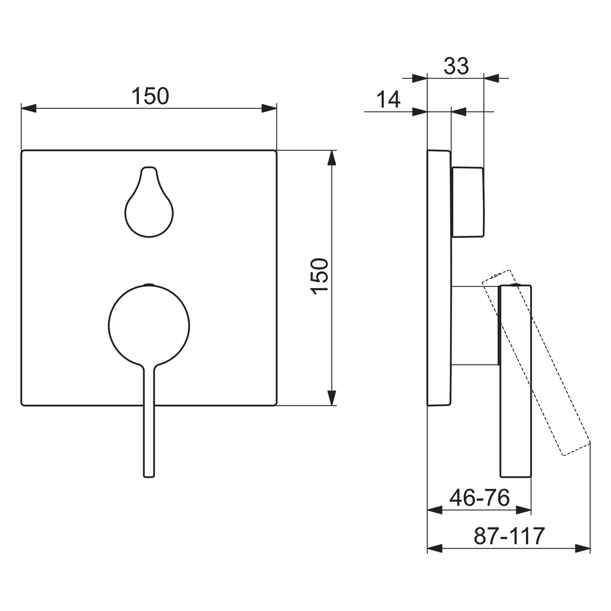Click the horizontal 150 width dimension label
(x=150, y=96)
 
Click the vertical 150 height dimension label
(x=319, y=277)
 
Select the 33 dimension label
(x=456, y=66)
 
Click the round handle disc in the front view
(x=149, y=325)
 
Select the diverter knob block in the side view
(x=467, y=202)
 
